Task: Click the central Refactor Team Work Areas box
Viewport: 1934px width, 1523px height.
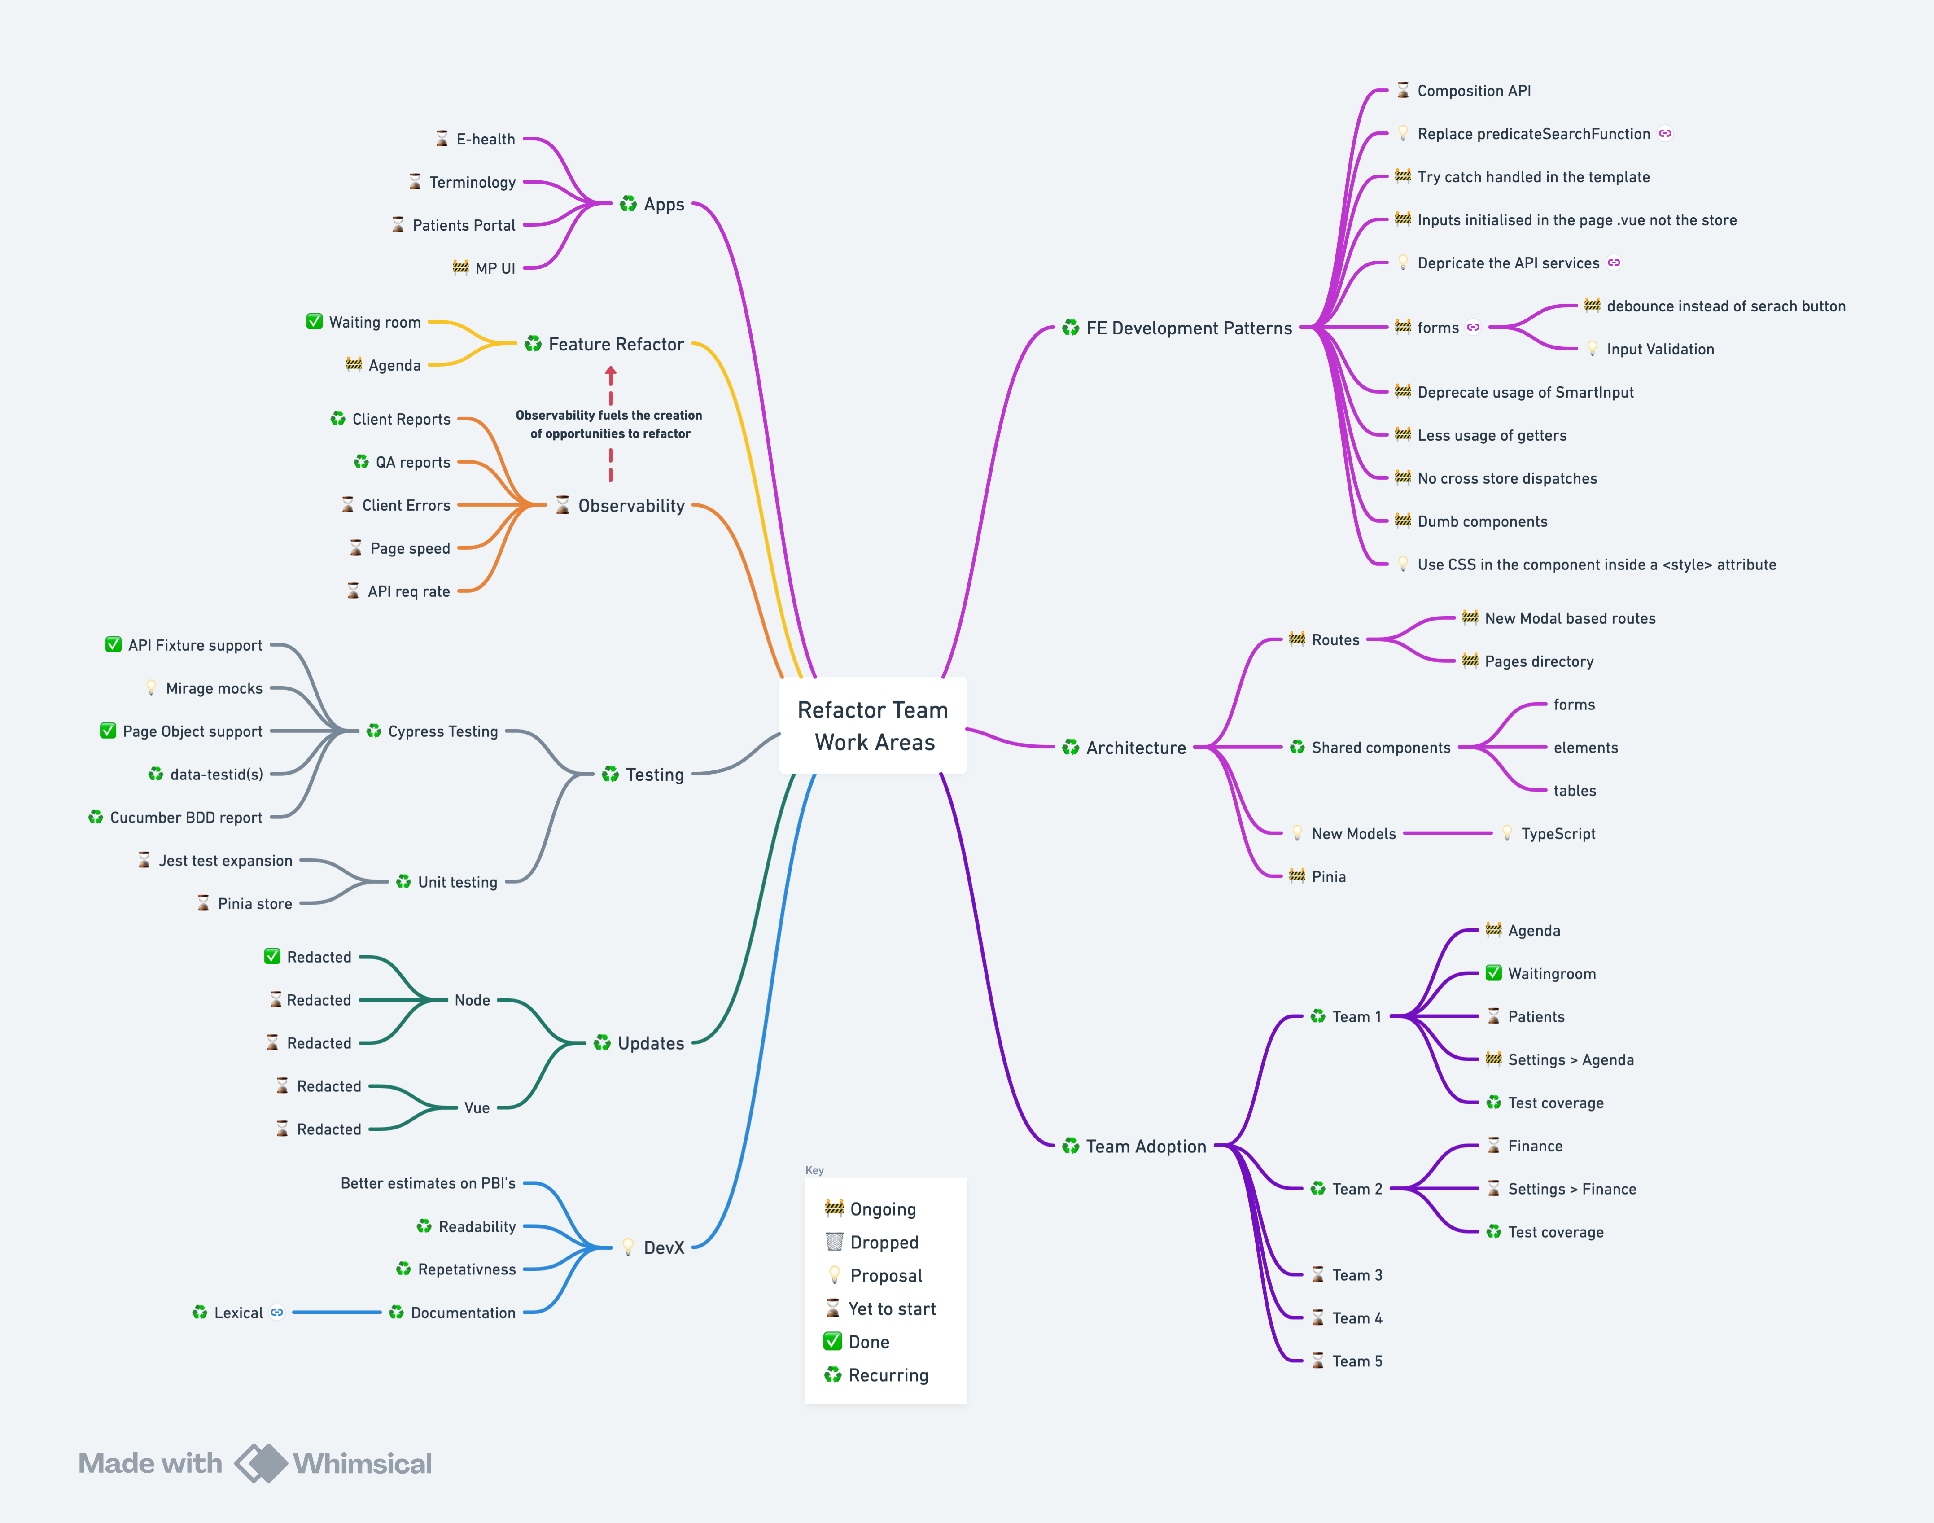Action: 873,726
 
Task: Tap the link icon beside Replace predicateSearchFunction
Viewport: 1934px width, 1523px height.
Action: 1665,134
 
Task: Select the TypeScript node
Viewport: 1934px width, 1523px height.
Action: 1558,834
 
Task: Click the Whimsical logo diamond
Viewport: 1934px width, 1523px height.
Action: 260,1463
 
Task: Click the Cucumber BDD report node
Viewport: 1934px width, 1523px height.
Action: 186,818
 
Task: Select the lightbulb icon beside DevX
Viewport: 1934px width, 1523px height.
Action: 628,1247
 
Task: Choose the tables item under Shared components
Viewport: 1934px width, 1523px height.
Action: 1575,791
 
